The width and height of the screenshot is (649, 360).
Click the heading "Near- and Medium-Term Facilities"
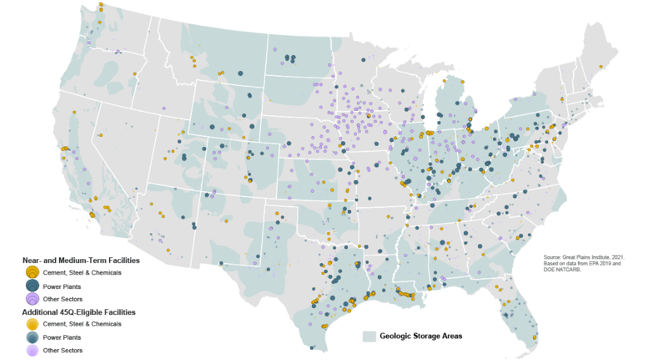coord(81,260)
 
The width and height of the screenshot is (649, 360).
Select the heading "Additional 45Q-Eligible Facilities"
coord(79,312)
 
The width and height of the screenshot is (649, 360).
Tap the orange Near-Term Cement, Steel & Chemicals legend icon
coord(32,273)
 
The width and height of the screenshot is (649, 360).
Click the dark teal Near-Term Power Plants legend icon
coord(32,286)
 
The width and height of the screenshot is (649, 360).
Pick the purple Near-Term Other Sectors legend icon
coord(32,299)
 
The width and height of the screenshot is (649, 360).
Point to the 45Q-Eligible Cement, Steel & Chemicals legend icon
coord(32,324)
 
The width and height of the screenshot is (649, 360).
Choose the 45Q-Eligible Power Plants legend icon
coord(32,338)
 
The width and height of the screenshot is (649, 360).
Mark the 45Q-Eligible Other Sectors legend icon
coord(32,350)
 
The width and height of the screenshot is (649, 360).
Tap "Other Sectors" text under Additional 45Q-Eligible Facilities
coord(62,350)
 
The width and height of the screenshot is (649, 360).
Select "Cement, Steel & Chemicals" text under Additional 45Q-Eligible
coord(82,324)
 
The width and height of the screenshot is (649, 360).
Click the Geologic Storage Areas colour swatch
coord(369,336)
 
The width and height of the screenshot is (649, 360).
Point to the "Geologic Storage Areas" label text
coord(421,336)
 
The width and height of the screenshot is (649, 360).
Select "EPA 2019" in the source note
coord(597,263)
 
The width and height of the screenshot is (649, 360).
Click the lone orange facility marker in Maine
coord(600,67)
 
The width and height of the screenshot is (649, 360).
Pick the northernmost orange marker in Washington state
coord(101,5)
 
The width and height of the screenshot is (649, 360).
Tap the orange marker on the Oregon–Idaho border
coord(135,74)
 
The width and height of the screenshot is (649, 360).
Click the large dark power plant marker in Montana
coord(240,74)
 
